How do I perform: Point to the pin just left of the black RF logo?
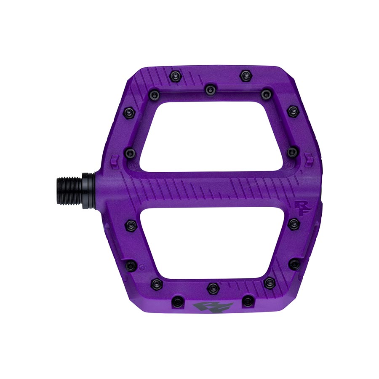(x=179, y=302)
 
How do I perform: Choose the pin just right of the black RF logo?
(x=248, y=301)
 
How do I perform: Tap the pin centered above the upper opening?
(x=209, y=89)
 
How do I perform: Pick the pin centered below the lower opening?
(x=212, y=288)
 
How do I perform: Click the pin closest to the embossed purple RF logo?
(x=294, y=224)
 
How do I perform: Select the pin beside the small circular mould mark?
(x=131, y=266)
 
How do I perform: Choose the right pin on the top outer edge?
(x=246, y=76)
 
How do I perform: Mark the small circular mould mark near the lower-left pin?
(x=142, y=266)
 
